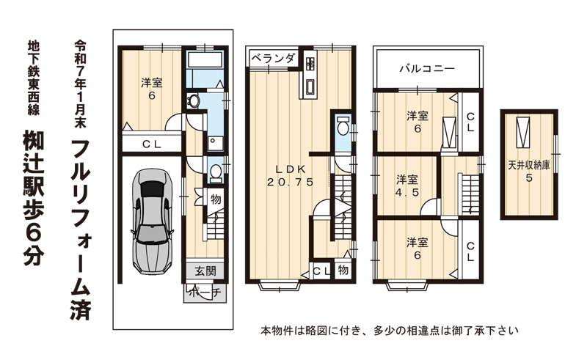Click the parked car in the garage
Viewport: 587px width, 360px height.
tap(153, 221)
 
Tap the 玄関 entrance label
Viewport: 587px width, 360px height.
tap(205, 271)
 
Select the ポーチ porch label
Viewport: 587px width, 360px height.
tap(205, 293)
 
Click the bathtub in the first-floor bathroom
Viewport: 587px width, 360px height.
tap(205, 59)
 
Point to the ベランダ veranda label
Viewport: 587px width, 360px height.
tap(272, 59)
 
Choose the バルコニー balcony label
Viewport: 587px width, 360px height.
tap(427, 68)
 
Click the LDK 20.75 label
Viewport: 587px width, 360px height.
tap(291, 175)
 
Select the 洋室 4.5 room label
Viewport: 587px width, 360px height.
tap(407, 185)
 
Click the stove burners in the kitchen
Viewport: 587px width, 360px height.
tap(310, 63)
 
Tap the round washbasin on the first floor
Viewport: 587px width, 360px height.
tap(193, 101)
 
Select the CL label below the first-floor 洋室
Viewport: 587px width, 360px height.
tap(152, 144)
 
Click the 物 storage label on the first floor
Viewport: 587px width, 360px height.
tap(216, 200)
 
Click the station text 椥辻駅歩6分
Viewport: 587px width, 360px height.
tap(34, 197)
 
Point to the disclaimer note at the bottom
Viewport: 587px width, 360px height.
tap(390, 331)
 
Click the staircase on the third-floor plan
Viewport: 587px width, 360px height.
tap(470, 194)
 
